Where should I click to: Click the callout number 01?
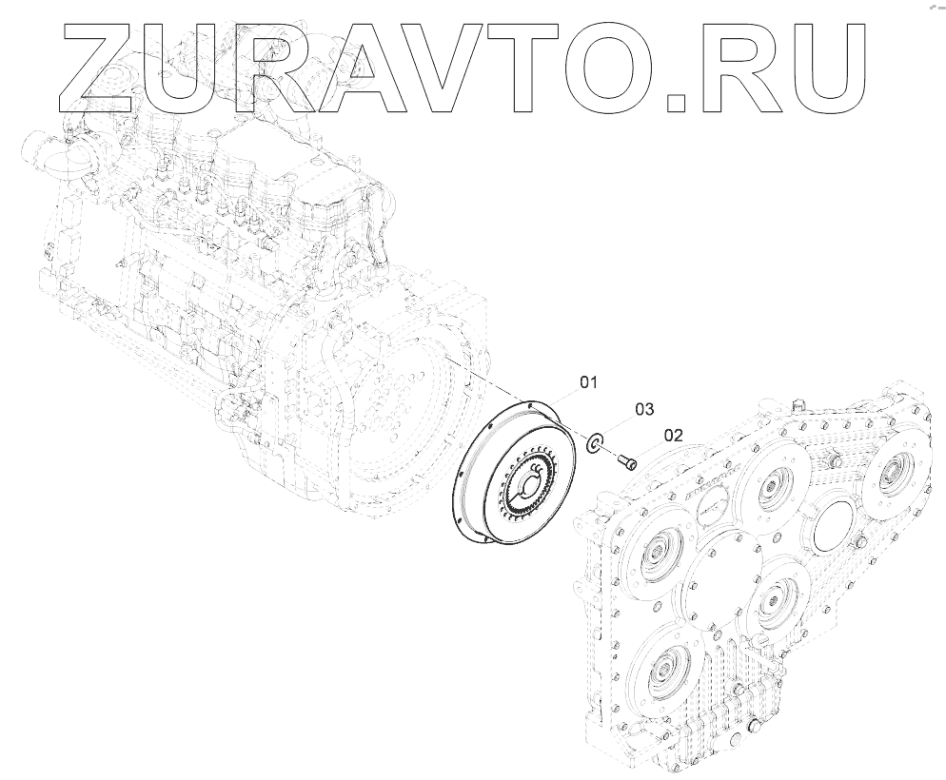pyautogui.click(x=588, y=382)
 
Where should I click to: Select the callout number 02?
pyautogui.click(x=673, y=436)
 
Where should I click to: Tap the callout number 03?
pyautogui.click(x=644, y=409)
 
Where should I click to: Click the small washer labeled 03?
pyautogui.click(x=594, y=444)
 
